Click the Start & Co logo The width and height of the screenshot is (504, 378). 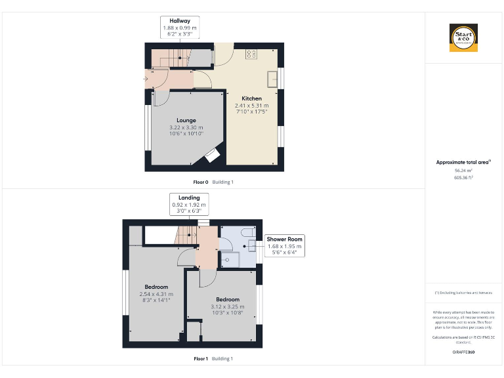pos(463,37)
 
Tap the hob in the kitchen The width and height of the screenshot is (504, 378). pos(251,54)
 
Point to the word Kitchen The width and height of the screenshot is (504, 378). pos(251,98)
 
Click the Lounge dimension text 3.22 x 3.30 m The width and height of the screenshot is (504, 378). pos(186,127)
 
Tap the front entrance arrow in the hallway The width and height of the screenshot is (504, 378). pos(146,80)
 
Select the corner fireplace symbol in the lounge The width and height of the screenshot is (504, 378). pos(213,155)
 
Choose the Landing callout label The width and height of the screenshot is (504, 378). pos(188,204)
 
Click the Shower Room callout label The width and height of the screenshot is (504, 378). pos(284,245)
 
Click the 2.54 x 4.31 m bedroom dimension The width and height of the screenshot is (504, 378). pos(156,294)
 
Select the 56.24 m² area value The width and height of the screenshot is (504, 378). pos(463,170)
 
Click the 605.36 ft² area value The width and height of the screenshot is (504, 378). pos(463,177)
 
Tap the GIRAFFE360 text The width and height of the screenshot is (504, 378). pos(463,352)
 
